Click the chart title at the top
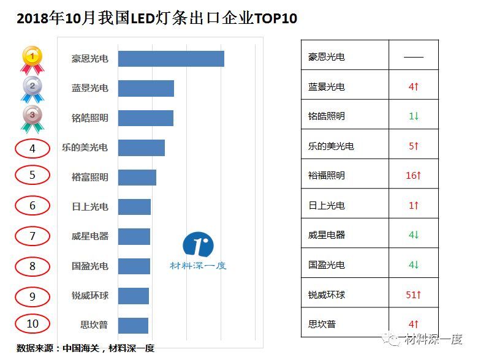click(x=157, y=18)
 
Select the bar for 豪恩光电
click(x=171, y=59)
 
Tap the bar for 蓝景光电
click(x=146, y=88)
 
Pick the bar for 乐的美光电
click(x=141, y=148)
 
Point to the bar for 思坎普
click(x=133, y=325)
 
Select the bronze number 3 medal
click(x=32, y=118)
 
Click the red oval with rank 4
click(x=32, y=148)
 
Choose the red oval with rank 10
click(x=32, y=324)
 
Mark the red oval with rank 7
click(x=32, y=236)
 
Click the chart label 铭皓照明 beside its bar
click(x=89, y=118)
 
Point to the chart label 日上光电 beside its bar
click(x=89, y=207)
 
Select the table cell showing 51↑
click(x=414, y=295)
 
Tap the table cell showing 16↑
click(x=414, y=176)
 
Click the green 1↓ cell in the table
click(x=414, y=116)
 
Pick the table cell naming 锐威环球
click(x=327, y=295)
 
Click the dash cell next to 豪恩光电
click(x=414, y=57)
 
